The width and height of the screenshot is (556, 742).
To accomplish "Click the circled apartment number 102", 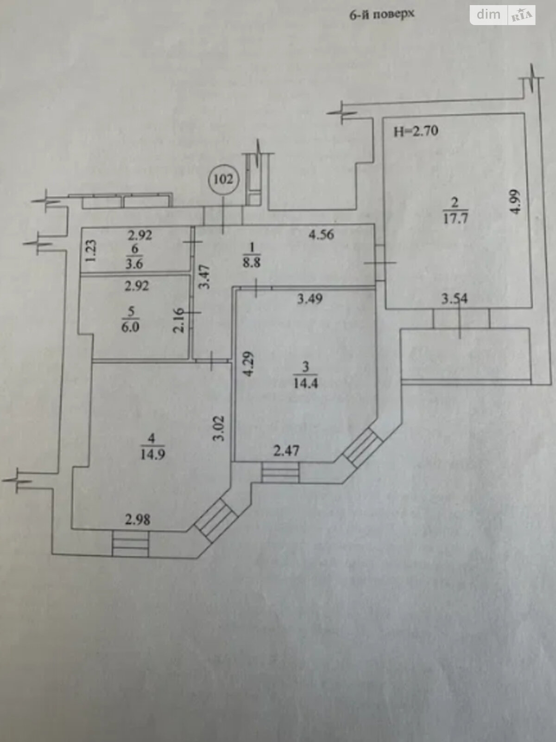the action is click(x=223, y=179).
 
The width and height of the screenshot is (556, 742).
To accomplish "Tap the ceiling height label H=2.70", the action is click(x=416, y=131).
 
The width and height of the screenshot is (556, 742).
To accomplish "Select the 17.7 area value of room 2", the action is click(x=455, y=218).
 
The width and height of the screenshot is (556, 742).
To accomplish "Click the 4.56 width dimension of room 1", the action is click(x=322, y=234).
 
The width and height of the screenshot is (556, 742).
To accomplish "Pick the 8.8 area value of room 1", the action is click(x=252, y=262).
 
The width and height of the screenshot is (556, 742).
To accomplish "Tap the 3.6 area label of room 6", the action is click(x=134, y=264).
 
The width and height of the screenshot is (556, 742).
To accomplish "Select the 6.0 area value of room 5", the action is click(x=130, y=327).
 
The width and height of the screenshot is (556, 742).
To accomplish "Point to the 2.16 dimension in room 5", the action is click(x=179, y=320).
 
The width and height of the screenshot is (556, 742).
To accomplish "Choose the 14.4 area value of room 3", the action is click(x=306, y=384).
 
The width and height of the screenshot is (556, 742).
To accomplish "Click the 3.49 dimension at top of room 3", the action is click(x=310, y=299).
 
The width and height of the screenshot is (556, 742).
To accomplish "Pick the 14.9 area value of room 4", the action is click(x=152, y=454).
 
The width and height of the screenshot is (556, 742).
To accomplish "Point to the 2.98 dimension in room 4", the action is click(x=138, y=519).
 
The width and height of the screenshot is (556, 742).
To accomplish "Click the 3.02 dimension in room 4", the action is click(x=220, y=428).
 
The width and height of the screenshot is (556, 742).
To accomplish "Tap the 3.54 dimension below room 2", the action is click(x=455, y=299).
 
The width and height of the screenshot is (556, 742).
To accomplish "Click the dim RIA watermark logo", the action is click(x=502, y=15).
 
